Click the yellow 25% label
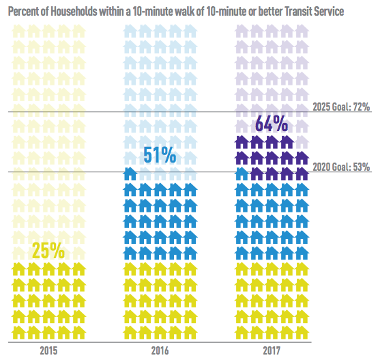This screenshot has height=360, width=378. tap(48, 251)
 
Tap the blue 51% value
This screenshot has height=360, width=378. tap(159, 156)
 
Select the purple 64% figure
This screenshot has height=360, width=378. tap(271, 125)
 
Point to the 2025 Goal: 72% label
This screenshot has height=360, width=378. tap(340, 107)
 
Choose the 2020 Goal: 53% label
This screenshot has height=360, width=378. tap(340, 166)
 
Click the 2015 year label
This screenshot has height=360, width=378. tap(48, 350)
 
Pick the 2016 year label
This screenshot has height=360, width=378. tap(159, 350)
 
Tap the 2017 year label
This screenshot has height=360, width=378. tap(271, 350)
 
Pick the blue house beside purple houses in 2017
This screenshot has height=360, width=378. tap(239, 173)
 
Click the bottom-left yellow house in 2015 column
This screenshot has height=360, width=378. tap(18, 333)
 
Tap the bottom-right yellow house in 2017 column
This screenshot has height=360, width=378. tap(301, 333)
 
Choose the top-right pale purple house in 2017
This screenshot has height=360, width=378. tap(301, 31)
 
